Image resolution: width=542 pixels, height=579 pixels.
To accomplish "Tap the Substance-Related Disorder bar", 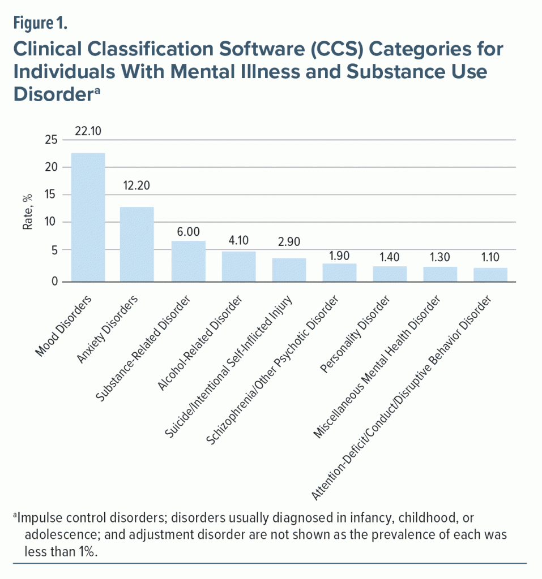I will tap(188, 261).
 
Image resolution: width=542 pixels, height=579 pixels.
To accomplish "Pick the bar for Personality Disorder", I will tap(390, 273).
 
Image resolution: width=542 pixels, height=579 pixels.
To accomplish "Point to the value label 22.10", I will tap(87, 132).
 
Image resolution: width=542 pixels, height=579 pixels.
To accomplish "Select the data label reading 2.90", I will tap(289, 240).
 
